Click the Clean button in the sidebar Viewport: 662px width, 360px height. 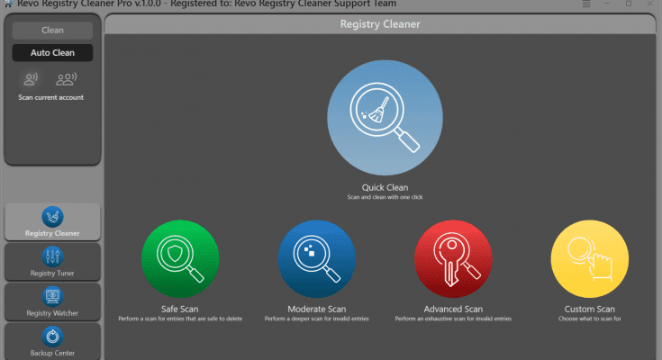pyautogui.click(x=52, y=31)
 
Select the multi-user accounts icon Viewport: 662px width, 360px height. pyautogui.click(x=66, y=79)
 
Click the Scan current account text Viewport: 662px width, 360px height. pyautogui.click(x=51, y=97)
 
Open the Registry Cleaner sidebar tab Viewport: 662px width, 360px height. pyautogui.click(x=52, y=221)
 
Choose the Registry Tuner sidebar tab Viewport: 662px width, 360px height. pyautogui.click(x=52, y=262)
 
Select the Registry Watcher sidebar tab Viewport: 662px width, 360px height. pyautogui.click(x=52, y=301)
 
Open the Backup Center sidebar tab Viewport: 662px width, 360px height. pyautogui.click(x=52, y=340)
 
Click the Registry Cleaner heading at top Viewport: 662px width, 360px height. pyautogui.click(x=379, y=24)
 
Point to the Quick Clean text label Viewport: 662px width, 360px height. pyautogui.click(x=385, y=187)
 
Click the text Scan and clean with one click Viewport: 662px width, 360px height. pyautogui.click(x=385, y=196)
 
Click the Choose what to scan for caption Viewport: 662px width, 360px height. pyautogui.click(x=589, y=319)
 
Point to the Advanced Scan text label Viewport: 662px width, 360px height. pyautogui.click(x=453, y=309)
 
